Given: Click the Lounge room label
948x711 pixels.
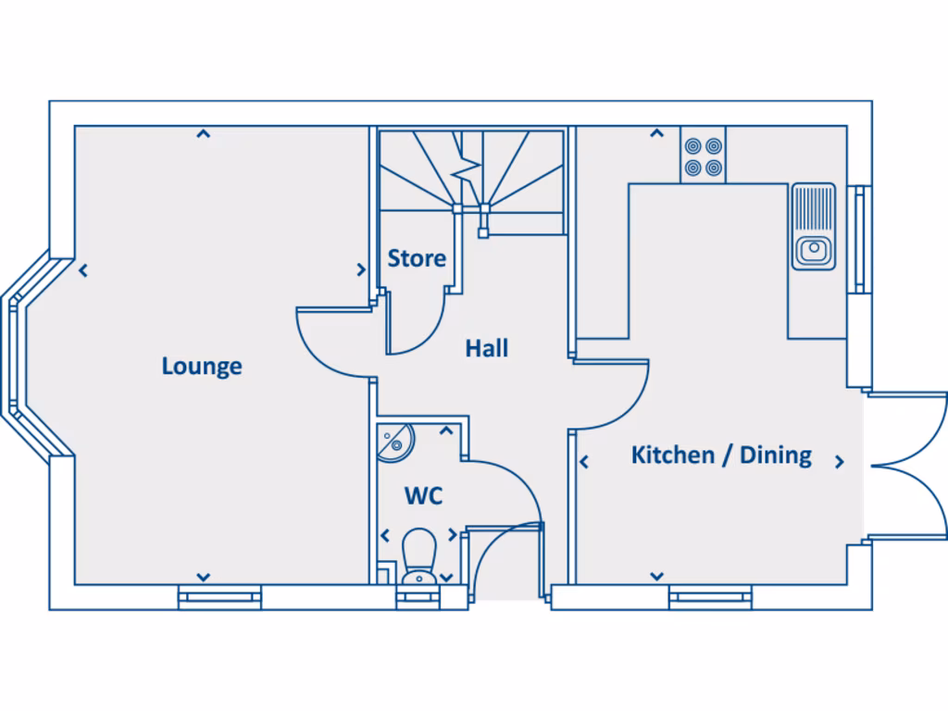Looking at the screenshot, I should pyautogui.click(x=202, y=367).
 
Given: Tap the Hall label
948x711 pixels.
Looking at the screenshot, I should pyautogui.click(x=487, y=349).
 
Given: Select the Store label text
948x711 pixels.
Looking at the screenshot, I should pyautogui.click(x=417, y=258).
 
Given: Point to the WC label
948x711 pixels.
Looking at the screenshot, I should pyautogui.click(x=423, y=495).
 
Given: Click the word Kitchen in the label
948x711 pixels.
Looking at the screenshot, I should pyautogui.click(x=673, y=455).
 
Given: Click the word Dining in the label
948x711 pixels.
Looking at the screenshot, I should pyautogui.click(x=776, y=455).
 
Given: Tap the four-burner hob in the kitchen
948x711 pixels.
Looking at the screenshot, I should pyautogui.click(x=704, y=156).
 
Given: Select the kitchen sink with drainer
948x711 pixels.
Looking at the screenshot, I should pyautogui.click(x=814, y=227).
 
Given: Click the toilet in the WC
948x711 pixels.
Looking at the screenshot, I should pyautogui.click(x=420, y=555).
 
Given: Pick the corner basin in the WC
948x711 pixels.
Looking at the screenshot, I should pyautogui.click(x=393, y=441).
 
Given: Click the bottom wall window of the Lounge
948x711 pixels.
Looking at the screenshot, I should pyautogui.click(x=219, y=597).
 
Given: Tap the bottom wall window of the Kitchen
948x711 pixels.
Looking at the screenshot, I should pyautogui.click(x=710, y=597).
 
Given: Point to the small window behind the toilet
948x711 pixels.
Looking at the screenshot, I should pyautogui.click(x=420, y=597).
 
